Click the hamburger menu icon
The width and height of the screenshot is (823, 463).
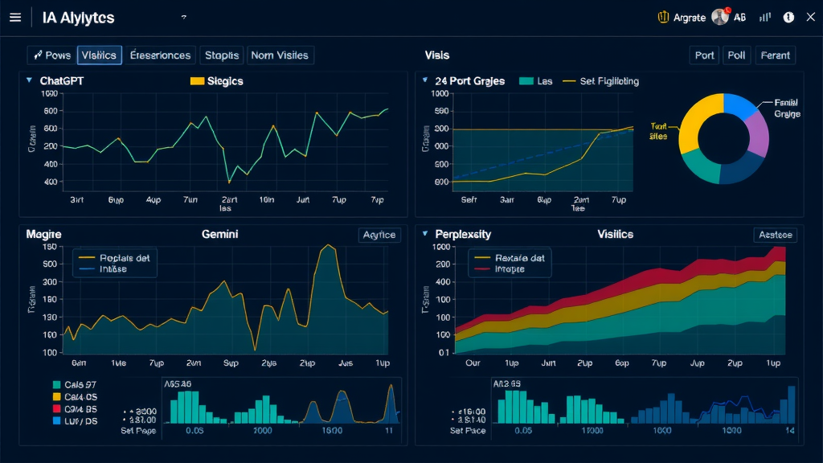[14, 17]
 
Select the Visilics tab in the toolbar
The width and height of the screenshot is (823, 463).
[100, 55]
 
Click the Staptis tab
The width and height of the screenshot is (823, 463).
[221, 55]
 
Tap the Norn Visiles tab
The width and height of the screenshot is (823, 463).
[280, 55]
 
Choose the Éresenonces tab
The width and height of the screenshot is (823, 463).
[161, 55]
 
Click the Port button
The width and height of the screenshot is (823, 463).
[704, 55]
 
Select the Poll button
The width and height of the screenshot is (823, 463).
[735, 55]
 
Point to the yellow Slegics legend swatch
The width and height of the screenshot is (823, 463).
[197, 81]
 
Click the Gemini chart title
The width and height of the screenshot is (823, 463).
[219, 234]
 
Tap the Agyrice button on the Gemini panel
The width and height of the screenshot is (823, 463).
[379, 235]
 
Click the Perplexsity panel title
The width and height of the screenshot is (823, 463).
[463, 234]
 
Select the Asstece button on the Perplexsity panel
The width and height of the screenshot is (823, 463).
[775, 235]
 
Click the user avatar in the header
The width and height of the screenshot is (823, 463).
[720, 17]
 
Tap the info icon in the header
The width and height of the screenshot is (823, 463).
[788, 17]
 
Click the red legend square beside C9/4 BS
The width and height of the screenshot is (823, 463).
[56, 408]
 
